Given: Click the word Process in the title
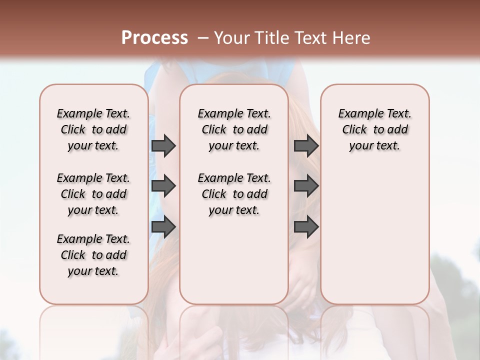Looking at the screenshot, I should click(154, 37).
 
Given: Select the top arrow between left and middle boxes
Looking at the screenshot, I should click(163, 146).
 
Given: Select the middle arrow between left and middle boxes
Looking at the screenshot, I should click(163, 186).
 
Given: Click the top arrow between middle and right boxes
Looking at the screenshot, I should click(306, 146).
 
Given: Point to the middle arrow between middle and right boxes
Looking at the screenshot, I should click(306, 186).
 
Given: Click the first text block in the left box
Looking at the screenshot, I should click(93, 129).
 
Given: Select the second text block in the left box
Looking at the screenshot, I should click(93, 194).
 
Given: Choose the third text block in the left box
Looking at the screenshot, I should click(93, 255).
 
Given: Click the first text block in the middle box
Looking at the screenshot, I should click(234, 129).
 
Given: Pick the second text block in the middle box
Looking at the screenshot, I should click(234, 194).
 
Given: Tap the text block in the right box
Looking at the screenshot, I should click(375, 129).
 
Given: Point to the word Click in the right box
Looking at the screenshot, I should click(354, 130).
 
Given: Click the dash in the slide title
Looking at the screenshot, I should click(203, 38).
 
